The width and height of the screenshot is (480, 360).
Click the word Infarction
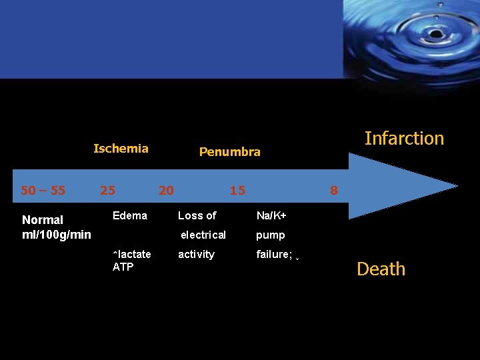(404, 139)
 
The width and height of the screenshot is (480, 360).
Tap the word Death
(381, 269)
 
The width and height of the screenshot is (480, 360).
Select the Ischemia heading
(121, 149)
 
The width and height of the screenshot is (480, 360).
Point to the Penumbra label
(229, 152)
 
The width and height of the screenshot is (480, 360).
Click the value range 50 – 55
(43, 191)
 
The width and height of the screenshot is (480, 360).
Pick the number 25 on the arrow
(107, 191)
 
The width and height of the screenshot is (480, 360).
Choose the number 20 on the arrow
(166, 191)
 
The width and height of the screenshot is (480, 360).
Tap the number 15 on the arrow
(237, 191)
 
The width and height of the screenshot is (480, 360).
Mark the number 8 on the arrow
(334, 191)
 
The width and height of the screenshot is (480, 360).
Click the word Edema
(130, 215)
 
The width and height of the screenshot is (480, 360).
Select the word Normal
(43, 219)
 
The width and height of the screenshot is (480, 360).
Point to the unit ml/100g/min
(57, 234)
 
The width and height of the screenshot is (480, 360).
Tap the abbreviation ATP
(123, 267)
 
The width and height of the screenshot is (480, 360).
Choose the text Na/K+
(271, 215)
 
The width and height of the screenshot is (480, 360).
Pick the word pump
(271, 235)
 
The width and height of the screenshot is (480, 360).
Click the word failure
(273, 254)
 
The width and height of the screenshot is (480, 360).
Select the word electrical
(203, 235)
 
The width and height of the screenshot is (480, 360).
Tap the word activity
(196, 254)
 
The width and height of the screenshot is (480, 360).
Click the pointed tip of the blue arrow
(457, 186)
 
